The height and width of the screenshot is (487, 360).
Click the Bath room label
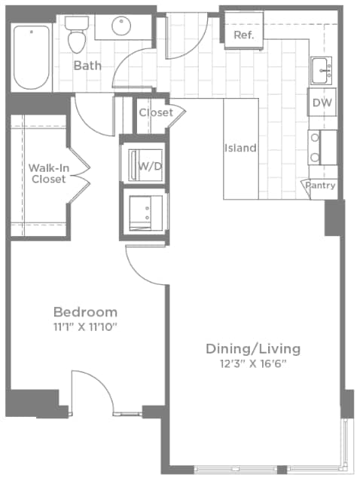pyautogui.click(x=87, y=66)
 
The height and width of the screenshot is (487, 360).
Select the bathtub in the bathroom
pyautogui.click(x=32, y=57)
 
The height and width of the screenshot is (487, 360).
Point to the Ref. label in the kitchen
pyautogui.click(x=243, y=35)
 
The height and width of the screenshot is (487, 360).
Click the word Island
pyautogui.click(x=240, y=148)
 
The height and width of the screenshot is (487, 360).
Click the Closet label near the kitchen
pyautogui.click(x=155, y=113)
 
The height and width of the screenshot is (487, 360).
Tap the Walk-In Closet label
pyautogui.click(x=47, y=173)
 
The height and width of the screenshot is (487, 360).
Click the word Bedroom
pyautogui.click(x=85, y=311)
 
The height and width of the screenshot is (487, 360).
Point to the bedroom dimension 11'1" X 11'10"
pyautogui.click(x=85, y=327)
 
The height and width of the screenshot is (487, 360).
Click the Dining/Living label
pyautogui.click(x=253, y=348)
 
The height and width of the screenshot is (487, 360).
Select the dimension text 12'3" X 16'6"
pyautogui.click(x=253, y=363)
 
